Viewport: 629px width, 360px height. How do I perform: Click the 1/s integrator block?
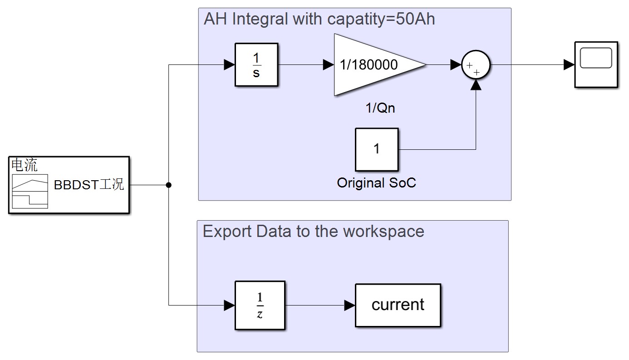point(256,64)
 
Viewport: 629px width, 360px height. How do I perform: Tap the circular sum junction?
point(476,65)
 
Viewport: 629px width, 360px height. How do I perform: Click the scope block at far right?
point(596,64)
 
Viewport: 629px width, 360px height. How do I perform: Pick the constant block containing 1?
point(377,149)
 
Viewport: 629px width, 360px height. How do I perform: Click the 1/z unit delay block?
point(260,305)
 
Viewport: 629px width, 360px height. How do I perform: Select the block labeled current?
point(398,305)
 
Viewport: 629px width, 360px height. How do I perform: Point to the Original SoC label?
point(376,183)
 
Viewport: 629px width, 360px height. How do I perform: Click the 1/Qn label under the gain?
point(380,108)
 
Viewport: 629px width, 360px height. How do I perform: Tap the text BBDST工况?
point(89,185)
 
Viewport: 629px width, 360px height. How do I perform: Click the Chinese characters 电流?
point(25,165)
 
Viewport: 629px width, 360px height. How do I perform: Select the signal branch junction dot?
point(168,185)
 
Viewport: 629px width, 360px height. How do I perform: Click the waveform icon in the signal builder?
point(30,192)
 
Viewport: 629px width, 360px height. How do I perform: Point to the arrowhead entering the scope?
point(569,65)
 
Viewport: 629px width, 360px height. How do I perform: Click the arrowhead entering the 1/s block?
point(230,65)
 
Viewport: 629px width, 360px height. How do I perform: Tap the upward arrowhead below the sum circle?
point(476,85)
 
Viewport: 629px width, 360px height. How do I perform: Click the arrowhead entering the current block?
point(349,305)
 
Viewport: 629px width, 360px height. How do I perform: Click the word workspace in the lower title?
point(383,232)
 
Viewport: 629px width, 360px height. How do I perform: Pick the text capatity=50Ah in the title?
point(381,19)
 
